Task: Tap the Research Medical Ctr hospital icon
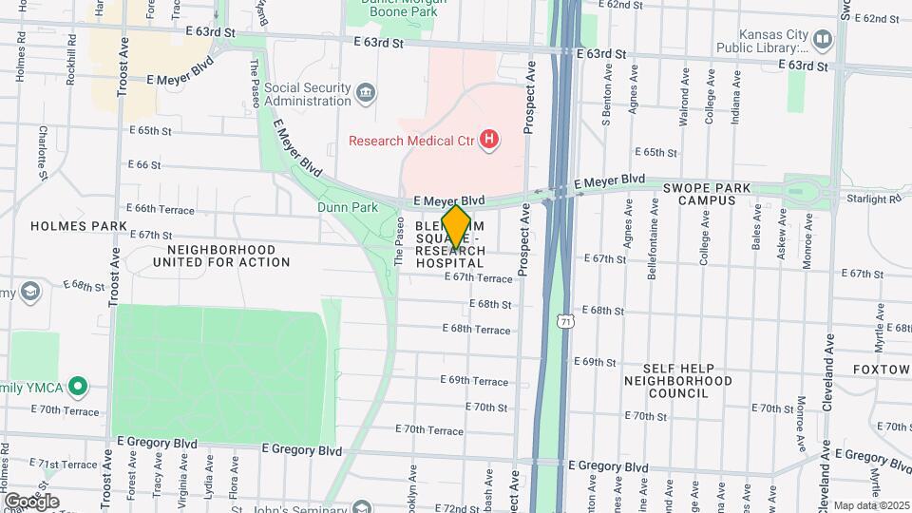pyautogui.click(x=489, y=141)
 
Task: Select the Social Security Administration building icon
pyautogui.click(x=366, y=93)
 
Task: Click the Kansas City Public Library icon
pyautogui.click(x=823, y=40)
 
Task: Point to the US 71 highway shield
pyautogui.click(x=564, y=323)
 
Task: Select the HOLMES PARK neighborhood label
pyautogui.click(x=66, y=226)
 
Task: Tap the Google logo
pyautogui.click(x=30, y=501)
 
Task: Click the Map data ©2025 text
pyautogui.click(x=870, y=505)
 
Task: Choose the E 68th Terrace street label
pyautogui.click(x=480, y=329)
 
